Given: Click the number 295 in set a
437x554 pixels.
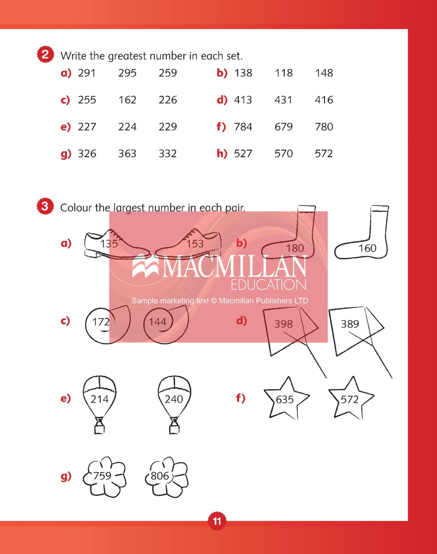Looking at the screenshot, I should (x=127, y=73).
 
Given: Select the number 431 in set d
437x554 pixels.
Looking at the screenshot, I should (x=283, y=100).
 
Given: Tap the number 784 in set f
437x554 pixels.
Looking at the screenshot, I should (x=243, y=127).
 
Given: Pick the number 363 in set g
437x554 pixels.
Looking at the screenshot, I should (x=127, y=154).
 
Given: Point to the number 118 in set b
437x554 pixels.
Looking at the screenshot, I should (x=283, y=73).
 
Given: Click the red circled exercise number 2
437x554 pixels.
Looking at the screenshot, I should (x=45, y=55).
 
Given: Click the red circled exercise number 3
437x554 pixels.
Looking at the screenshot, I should (x=45, y=206).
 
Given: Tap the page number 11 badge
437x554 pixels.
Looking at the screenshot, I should (x=217, y=521).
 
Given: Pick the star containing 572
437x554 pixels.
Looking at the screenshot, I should (x=350, y=399).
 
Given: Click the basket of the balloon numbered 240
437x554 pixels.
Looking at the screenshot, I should (x=174, y=428).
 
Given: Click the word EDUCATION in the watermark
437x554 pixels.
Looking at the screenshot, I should (x=268, y=285).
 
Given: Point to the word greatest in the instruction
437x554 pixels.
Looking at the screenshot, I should (x=127, y=56).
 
